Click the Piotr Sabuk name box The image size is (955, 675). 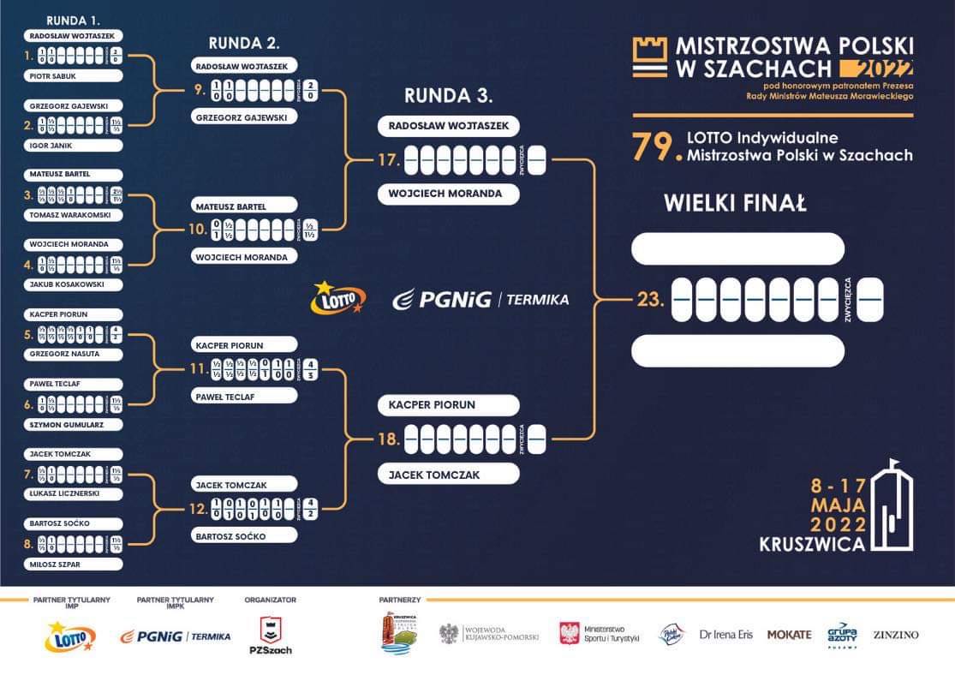tap(74, 75)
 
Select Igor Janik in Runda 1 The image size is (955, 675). tap(74, 145)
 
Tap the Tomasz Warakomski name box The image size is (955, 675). tap(74, 214)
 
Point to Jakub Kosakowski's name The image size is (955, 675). tap(74, 284)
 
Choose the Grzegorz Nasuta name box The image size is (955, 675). tap(74, 353)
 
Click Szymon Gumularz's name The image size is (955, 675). tap(74, 424)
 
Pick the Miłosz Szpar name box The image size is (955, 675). tap(74, 564)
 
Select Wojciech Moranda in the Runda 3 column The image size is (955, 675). tap(448, 194)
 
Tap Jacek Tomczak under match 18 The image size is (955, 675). tap(448, 474)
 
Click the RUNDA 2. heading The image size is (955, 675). tap(244, 43)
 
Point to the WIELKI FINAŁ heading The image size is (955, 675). tap(736, 204)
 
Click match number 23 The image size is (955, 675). tap(650, 300)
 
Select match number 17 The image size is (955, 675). tap(389, 159)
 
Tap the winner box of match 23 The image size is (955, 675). tap(869, 300)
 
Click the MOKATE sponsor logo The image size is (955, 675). tap(789, 635)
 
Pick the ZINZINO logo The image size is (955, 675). tap(895, 635)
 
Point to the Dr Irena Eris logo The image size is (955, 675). tap(725, 635)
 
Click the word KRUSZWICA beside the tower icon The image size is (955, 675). tap(811, 543)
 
